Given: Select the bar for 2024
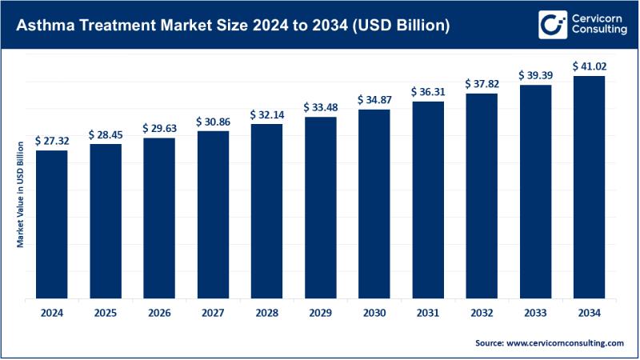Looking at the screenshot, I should click(52, 224).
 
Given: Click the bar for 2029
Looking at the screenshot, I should click(320, 207).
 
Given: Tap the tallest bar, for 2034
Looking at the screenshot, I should click(589, 187).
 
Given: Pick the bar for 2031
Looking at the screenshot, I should click(428, 200).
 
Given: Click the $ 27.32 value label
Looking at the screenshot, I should click(52, 140).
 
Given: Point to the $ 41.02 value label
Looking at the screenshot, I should click(589, 66).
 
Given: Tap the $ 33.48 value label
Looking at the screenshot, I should click(320, 107).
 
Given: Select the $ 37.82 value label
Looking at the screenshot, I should click(482, 84).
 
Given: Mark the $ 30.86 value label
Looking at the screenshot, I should click(213, 122).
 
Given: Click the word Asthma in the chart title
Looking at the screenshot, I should click(38, 26).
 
